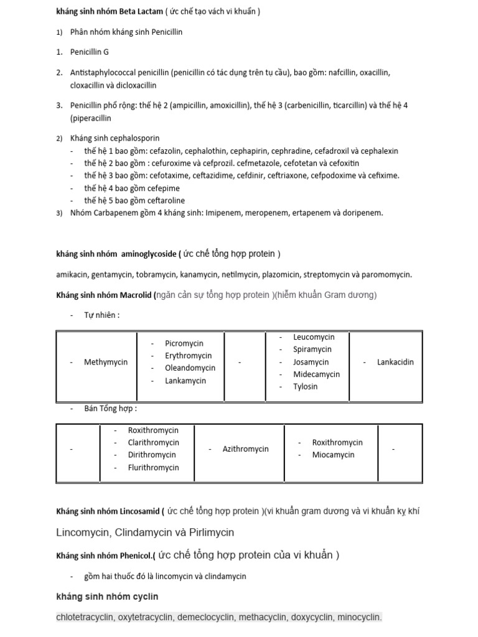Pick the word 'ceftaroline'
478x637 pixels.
[165, 201]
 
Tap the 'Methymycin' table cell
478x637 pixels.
[106, 362]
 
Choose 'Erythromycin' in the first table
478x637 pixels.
[188, 356]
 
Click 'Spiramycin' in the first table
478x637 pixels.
[312, 350]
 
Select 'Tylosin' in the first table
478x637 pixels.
[306, 386]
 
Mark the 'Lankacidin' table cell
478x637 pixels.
[395, 362]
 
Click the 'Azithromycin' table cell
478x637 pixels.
[245, 449]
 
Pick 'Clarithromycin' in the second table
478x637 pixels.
[153, 442]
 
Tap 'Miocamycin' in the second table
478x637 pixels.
[333, 455]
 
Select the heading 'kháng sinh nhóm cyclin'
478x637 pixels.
[107, 597]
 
